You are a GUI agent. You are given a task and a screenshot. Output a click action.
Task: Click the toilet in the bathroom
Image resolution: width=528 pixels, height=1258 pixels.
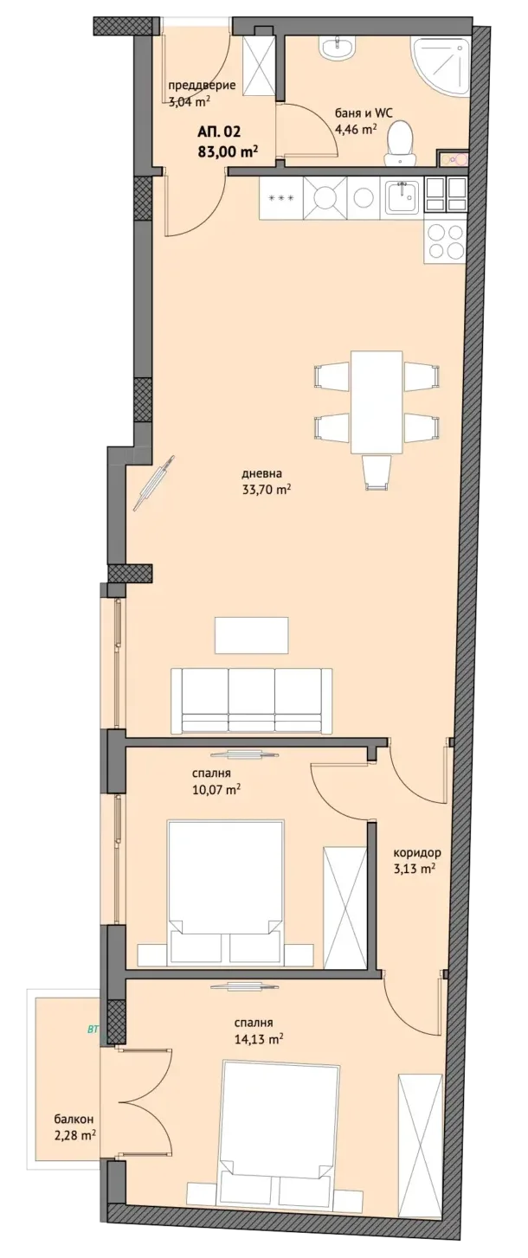401,144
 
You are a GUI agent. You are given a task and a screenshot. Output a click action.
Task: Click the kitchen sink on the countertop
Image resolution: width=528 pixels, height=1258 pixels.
402,197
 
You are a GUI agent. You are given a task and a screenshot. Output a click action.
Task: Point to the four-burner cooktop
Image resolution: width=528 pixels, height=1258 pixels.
444,240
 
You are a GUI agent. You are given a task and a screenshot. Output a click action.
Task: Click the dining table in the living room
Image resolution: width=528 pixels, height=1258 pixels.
377,401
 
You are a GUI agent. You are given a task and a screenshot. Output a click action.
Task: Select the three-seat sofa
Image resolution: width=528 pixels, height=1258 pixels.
252,700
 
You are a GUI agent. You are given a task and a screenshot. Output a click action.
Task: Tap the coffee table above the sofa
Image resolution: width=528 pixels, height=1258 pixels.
252,634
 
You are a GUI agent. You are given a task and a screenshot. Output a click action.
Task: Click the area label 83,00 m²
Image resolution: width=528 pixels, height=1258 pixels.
228,151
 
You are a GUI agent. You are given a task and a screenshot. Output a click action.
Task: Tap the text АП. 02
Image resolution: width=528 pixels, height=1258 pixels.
219,132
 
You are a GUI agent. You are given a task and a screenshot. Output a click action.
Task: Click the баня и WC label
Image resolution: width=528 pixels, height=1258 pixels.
364,113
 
